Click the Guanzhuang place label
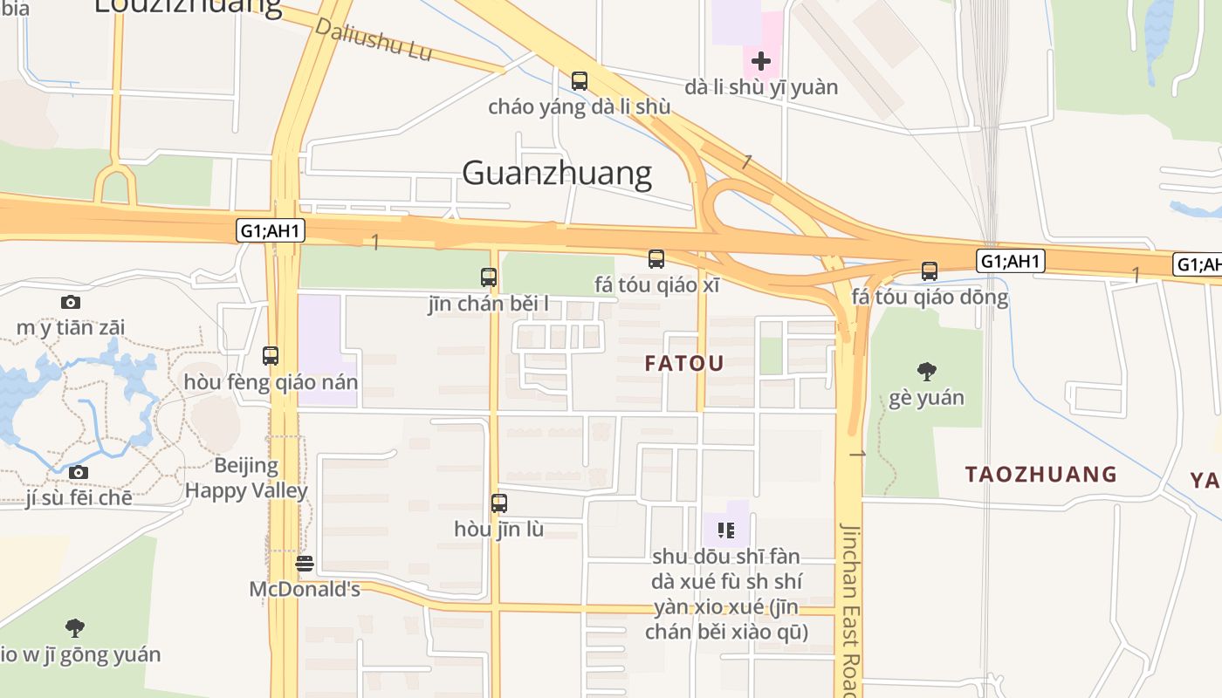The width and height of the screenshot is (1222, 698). (x=557, y=173)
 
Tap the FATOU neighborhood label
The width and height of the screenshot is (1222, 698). (x=684, y=364)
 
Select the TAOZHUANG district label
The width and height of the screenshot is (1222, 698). (x=1040, y=474)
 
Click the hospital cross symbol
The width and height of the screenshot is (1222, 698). (x=761, y=61)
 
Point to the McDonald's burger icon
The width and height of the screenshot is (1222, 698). (x=304, y=564)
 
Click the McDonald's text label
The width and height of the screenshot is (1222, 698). (x=305, y=589)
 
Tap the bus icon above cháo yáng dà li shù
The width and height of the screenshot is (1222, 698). (x=579, y=81)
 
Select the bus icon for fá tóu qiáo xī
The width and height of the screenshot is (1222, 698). (x=656, y=259)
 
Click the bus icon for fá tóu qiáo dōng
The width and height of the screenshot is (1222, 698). (x=930, y=271)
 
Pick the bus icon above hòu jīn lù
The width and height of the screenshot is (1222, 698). (x=499, y=503)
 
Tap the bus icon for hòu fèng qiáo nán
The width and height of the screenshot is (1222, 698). (x=271, y=356)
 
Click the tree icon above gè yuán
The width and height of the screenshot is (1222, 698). (x=927, y=372)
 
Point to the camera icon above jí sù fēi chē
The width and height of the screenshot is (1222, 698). (x=79, y=473)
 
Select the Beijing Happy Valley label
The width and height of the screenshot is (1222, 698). (x=247, y=478)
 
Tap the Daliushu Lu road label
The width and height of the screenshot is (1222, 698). (x=374, y=39)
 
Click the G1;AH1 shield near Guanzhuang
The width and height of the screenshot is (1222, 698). (x=271, y=230)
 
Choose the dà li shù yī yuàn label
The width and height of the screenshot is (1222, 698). (x=761, y=87)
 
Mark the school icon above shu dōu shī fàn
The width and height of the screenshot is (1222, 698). (x=726, y=530)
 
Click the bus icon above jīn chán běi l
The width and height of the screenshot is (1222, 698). (x=489, y=277)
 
